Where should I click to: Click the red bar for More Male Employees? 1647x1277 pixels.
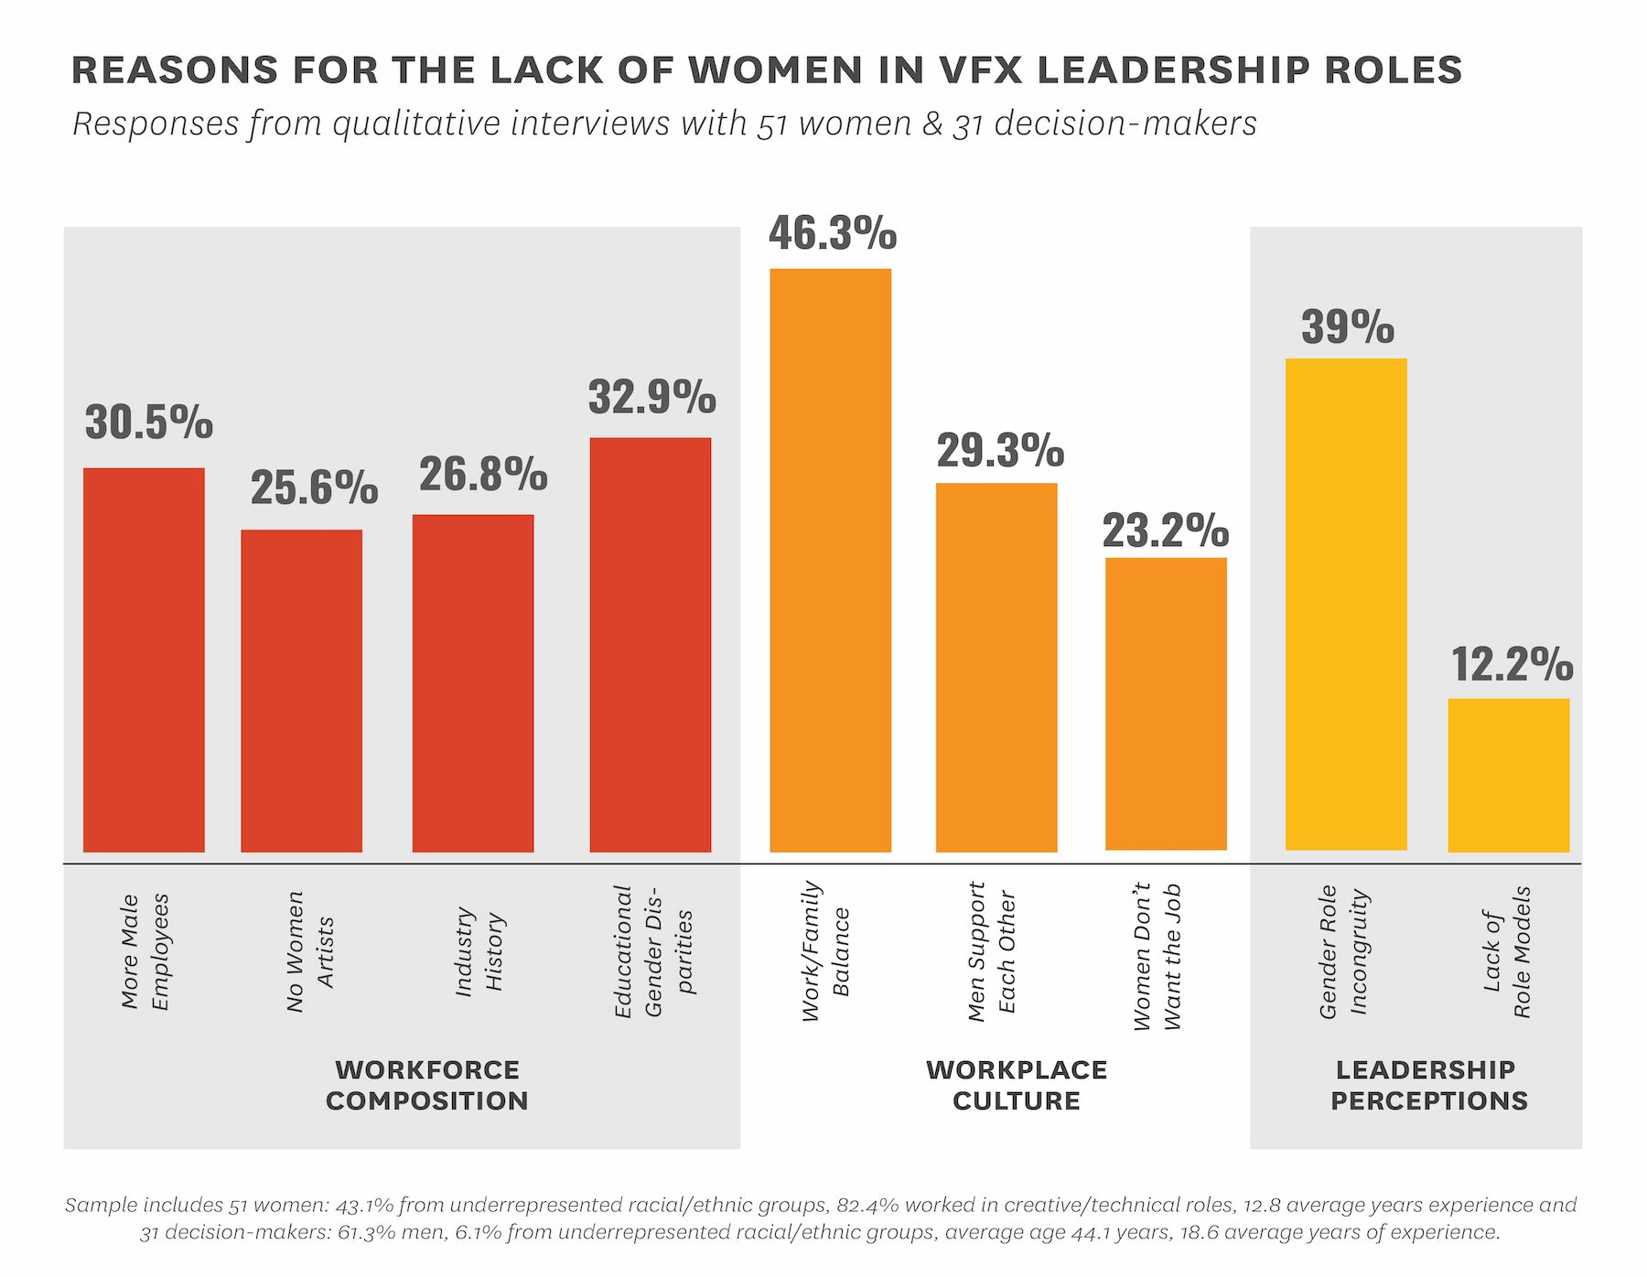point(144,660)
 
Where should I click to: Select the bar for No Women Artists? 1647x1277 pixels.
point(301,691)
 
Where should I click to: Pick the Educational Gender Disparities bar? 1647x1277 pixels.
point(650,645)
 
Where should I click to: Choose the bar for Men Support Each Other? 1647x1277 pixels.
point(996,668)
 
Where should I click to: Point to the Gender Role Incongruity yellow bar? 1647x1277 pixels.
point(1345,604)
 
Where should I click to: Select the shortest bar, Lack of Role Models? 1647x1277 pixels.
point(1508,775)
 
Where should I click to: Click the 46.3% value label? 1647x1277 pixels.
point(833,233)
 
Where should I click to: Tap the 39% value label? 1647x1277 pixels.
point(1347,327)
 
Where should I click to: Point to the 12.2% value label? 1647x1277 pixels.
point(1512,664)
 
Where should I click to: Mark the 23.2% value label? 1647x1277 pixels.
point(1165,531)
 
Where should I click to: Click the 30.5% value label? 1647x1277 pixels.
point(148,423)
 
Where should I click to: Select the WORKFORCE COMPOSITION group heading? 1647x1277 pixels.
point(426,1085)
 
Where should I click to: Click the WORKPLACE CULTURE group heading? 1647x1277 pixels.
point(1016,1085)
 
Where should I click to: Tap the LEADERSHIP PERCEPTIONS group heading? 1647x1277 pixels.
point(1428,1085)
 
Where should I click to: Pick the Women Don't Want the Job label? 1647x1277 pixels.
point(1157,956)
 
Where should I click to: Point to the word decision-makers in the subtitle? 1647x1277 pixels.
point(1125,124)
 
